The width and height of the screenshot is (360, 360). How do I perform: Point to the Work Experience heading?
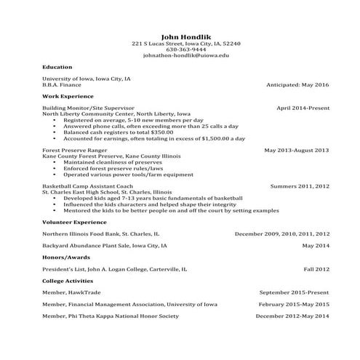pyautogui.click(x=68, y=95)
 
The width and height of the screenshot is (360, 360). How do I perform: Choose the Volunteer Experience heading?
pyautogui.click(x=74, y=221)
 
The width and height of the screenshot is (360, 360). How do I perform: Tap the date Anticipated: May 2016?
pyautogui.click(x=298, y=84)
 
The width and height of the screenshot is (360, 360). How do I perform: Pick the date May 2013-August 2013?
pyautogui.click(x=297, y=151)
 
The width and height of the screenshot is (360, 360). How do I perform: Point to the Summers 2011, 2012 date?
pyautogui.click(x=300, y=187)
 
